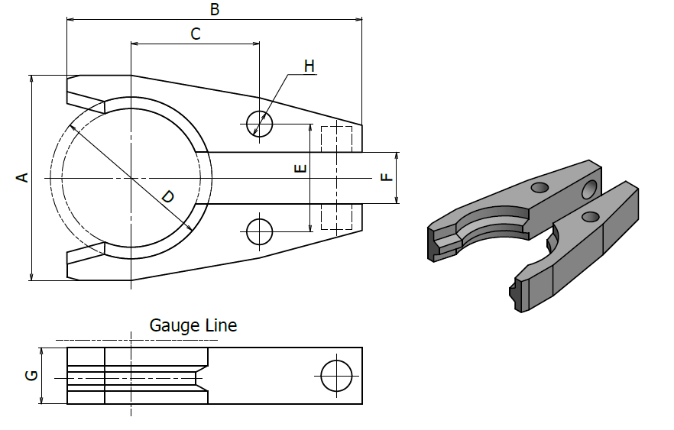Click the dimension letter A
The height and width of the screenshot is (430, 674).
click(23, 178)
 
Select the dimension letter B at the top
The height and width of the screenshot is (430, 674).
click(215, 9)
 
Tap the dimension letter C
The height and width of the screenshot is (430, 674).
click(195, 34)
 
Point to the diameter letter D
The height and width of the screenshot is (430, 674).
click(167, 196)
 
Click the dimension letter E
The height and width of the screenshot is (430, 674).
click(300, 168)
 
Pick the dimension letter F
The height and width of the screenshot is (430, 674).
click(387, 178)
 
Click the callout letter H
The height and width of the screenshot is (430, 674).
click(309, 66)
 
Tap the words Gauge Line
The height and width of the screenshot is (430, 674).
click(193, 325)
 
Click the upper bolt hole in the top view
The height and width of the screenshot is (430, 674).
click(260, 122)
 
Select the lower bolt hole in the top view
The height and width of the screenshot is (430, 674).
click(260, 231)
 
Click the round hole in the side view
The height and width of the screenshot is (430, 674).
click(337, 376)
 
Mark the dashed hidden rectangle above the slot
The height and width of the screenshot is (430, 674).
click(336, 139)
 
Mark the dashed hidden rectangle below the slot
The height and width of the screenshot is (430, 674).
click(336, 217)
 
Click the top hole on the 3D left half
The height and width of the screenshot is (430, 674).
click(540, 186)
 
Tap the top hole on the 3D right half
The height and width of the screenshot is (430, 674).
click(590, 217)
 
